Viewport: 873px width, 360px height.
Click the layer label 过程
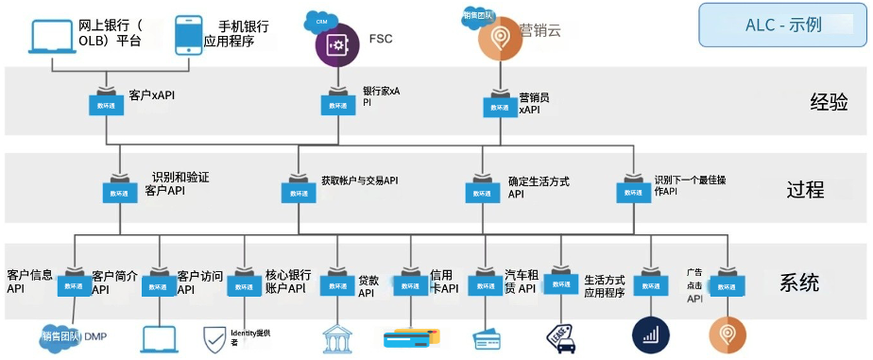click(x=805, y=190)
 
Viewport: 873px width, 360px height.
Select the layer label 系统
click(x=799, y=283)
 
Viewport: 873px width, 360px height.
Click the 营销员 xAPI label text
click(x=535, y=103)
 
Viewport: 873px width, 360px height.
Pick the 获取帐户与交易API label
click(x=359, y=180)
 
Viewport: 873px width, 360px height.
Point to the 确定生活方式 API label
click(x=538, y=187)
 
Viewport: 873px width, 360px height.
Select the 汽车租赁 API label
click(x=520, y=282)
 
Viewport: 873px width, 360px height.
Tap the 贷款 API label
click(x=368, y=286)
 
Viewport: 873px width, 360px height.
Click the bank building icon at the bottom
click(x=338, y=338)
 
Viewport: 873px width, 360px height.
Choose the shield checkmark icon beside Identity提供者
click(x=214, y=337)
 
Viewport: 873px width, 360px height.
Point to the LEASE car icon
click(x=563, y=337)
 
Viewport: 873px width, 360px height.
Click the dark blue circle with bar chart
click(x=648, y=334)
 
